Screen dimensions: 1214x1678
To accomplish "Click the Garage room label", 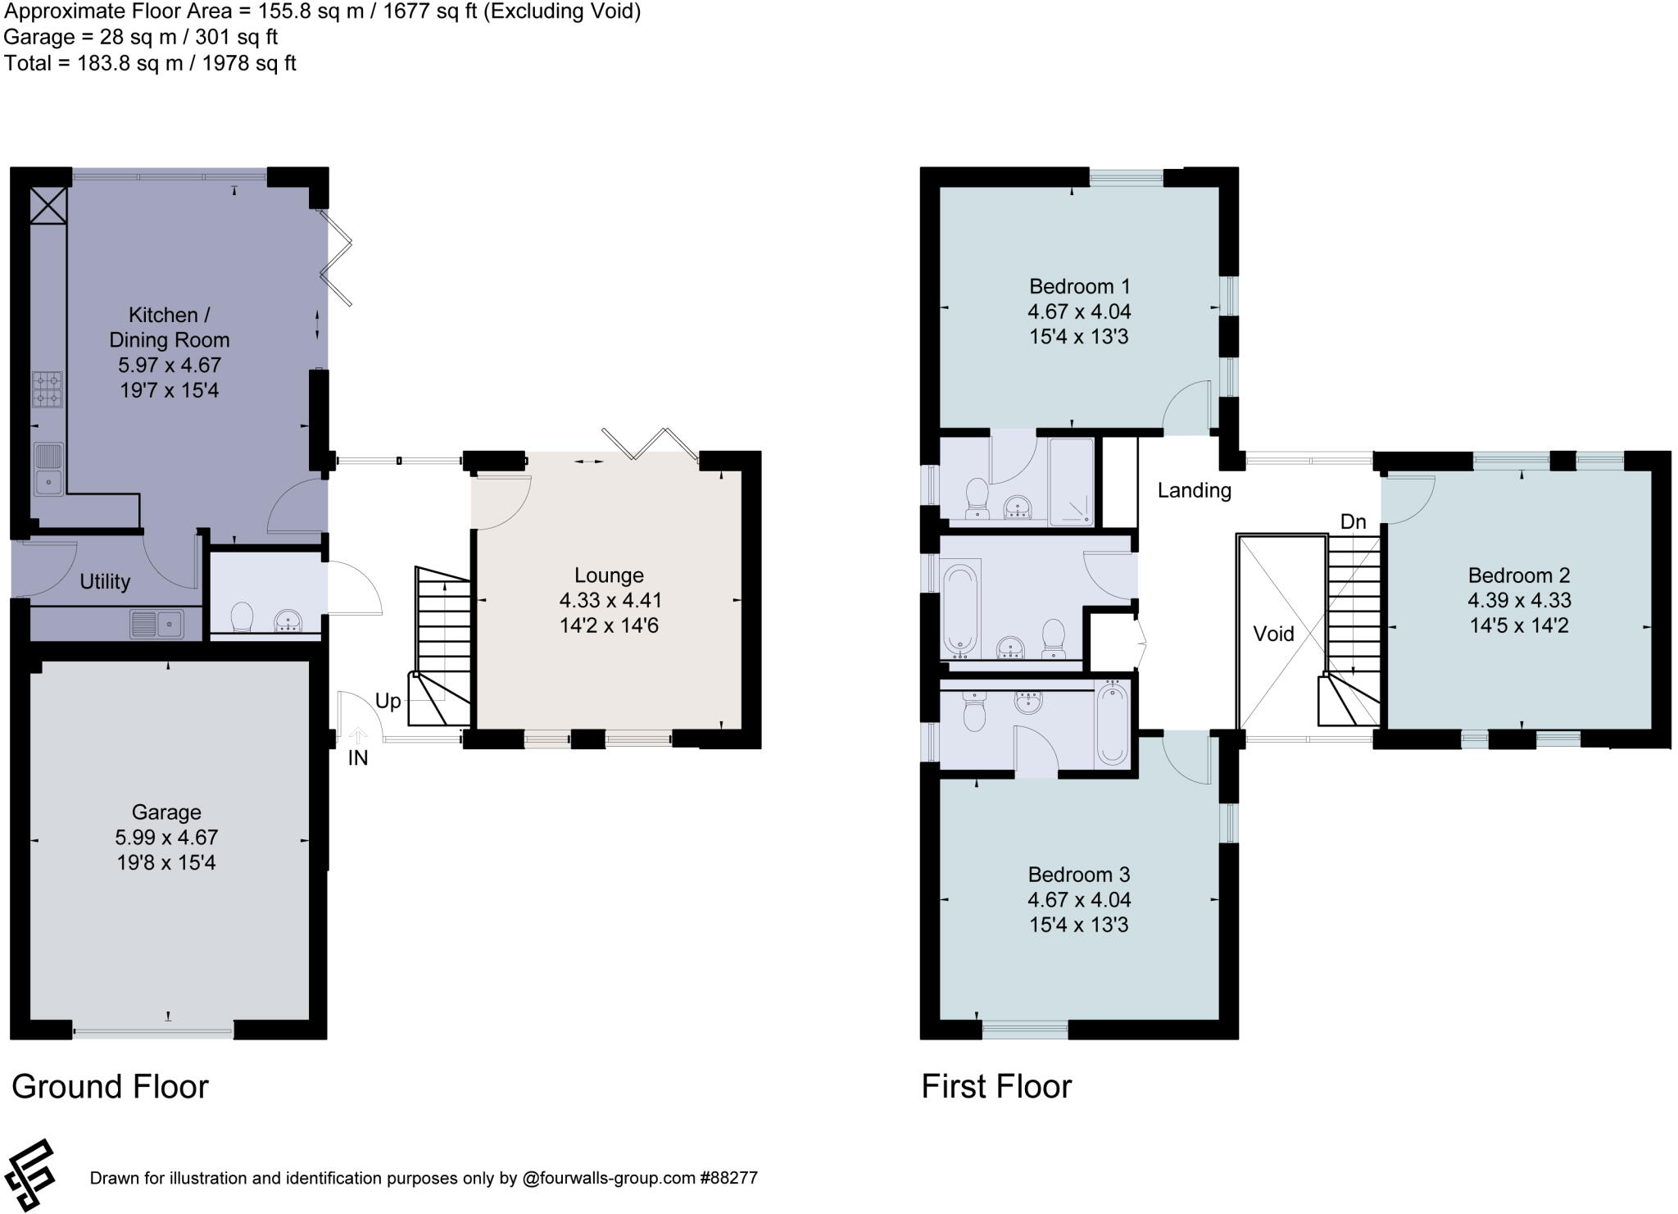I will tap(166, 812).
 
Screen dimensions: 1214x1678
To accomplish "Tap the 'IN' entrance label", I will tap(358, 758).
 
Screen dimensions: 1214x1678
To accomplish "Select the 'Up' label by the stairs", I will tap(388, 701).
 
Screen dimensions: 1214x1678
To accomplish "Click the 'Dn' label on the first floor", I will tap(1353, 521).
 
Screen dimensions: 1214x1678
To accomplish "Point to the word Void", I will tap(1273, 634).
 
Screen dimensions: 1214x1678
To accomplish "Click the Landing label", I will tap(1194, 490).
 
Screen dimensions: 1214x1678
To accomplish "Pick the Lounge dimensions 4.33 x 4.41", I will tap(610, 601).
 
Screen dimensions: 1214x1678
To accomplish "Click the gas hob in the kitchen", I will tap(48, 389).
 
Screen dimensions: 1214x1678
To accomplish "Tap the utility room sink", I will tap(156, 625).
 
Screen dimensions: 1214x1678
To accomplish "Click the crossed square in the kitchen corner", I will tap(48, 205).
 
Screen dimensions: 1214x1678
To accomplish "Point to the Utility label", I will tap(105, 582).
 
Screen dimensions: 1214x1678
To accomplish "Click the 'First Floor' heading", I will tap(995, 1087).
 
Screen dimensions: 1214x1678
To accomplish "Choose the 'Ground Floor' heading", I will tap(110, 1087).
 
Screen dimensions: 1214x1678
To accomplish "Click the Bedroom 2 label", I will tap(1518, 575).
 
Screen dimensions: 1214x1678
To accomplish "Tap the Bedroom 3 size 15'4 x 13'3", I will tap(1078, 925).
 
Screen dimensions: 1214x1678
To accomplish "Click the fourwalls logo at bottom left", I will tap(29, 1175).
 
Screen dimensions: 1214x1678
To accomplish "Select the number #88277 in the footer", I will tap(728, 1179).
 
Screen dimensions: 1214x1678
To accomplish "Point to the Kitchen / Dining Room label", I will tap(169, 327).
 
